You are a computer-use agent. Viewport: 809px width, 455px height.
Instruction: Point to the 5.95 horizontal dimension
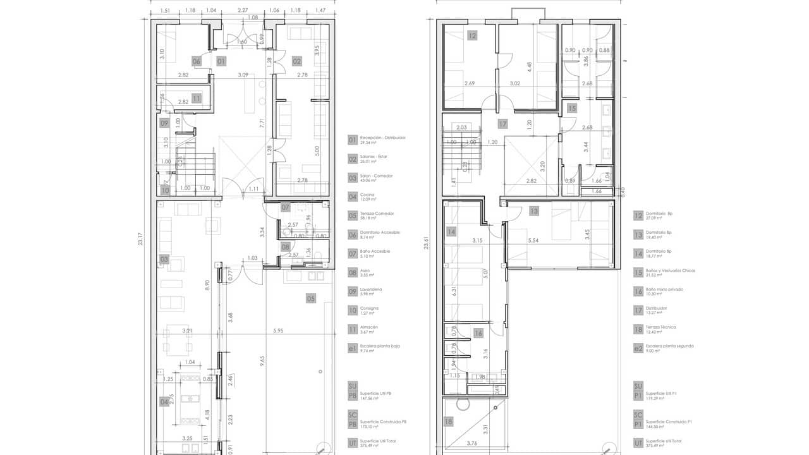pos(278,331)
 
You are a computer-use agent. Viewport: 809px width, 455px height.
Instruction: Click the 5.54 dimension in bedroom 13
pos(532,241)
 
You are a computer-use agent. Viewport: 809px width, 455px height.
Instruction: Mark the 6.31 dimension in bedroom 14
pos(454,291)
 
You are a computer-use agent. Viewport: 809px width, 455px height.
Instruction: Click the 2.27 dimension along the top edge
pos(243,11)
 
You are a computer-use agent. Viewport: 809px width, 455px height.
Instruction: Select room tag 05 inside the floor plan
pos(311,298)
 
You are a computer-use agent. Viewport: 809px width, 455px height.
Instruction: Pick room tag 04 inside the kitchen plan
pos(164,401)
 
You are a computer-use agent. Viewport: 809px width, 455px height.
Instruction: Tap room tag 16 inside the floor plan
pos(478,333)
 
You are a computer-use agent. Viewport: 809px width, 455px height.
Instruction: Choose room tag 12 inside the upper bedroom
pos(472,36)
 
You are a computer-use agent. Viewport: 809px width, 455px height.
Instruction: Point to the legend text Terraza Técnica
pos(660,327)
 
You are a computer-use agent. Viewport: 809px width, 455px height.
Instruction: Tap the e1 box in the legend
pos(353,348)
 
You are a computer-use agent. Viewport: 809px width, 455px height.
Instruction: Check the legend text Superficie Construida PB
pos(384,422)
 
